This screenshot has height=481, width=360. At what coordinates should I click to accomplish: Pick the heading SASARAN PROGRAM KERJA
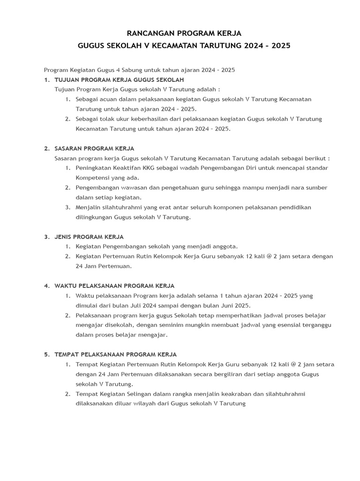pos(94,148)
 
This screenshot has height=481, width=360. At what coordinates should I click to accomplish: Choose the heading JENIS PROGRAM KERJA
pos(89,237)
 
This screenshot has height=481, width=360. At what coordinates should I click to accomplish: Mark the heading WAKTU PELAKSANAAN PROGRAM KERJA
pos(114,286)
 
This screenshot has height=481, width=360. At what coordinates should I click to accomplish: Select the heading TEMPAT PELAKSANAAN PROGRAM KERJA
pos(116,354)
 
